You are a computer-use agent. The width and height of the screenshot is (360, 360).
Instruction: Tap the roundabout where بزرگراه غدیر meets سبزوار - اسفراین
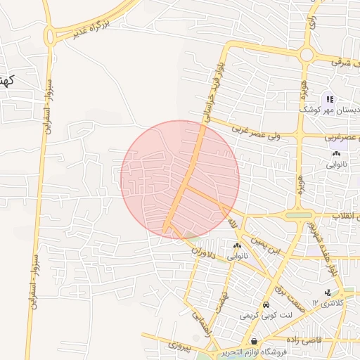pos(51,34)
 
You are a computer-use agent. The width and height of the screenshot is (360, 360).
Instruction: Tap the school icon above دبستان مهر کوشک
pos(330,98)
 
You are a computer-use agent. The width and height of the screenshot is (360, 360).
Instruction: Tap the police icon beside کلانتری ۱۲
pos(327,292)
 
